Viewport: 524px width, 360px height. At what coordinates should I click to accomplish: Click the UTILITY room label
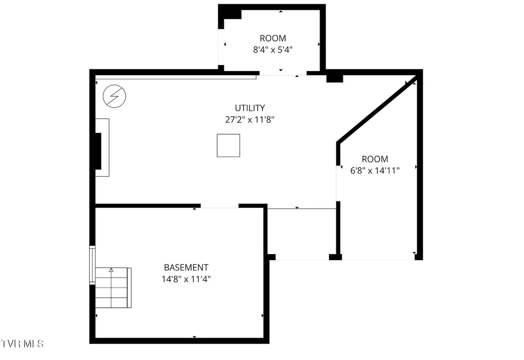(x=250, y=108)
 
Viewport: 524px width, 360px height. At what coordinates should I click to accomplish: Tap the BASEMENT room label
(x=186, y=267)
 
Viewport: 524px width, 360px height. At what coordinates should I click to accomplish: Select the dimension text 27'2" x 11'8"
(x=250, y=120)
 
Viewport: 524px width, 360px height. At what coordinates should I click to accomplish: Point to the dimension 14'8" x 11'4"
(x=186, y=279)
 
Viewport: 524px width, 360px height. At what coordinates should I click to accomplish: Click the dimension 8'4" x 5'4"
(x=273, y=50)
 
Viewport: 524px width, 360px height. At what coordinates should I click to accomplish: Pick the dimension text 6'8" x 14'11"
(x=375, y=171)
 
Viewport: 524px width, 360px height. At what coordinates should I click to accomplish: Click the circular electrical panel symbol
(x=114, y=96)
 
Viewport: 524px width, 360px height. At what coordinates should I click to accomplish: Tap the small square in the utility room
(x=228, y=145)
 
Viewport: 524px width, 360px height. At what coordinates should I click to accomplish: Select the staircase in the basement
(x=113, y=288)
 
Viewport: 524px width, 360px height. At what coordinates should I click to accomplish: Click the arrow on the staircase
(x=111, y=270)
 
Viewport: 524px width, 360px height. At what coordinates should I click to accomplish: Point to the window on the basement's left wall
(x=92, y=265)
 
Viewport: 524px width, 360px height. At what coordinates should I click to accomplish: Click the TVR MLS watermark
(x=22, y=344)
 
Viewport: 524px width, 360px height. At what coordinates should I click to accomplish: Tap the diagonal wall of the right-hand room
(x=377, y=109)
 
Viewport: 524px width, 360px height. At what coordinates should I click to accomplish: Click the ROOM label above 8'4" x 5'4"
(x=273, y=38)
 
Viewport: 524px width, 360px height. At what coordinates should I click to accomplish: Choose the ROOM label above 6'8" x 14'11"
(x=375, y=159)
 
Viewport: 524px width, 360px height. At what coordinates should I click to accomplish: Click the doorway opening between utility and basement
(x=219, y=206)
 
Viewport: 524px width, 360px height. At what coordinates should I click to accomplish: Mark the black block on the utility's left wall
(x=98, y=151)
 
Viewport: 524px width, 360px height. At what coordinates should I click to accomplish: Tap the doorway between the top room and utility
(x=283, y=73)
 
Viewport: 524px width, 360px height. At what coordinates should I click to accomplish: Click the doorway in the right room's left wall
(x=338, y=183)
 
